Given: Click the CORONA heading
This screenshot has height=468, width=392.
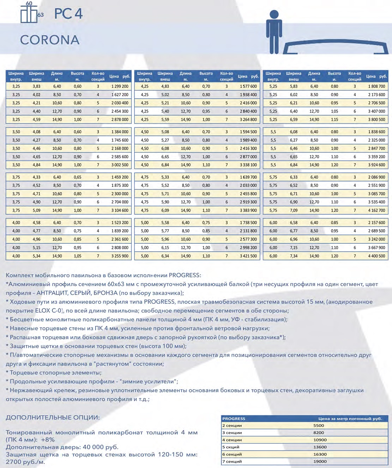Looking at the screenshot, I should (x=50, y=40).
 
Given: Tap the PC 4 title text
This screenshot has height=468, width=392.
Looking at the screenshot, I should (x=68, y=14).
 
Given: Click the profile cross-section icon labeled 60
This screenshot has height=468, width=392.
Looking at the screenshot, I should (x=29, y=13).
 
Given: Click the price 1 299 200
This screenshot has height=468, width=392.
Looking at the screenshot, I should (x=120, y=86).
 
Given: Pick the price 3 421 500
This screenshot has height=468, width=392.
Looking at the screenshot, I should (x=248, y=256).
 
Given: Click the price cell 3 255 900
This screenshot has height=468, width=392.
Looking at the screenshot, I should (x=120, y=256).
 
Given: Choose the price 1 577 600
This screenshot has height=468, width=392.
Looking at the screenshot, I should (x=248, y=86).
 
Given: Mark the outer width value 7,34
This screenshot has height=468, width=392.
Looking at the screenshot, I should (x=294, y=256).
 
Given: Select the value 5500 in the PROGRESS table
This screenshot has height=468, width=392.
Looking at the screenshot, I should (x=319, y=426).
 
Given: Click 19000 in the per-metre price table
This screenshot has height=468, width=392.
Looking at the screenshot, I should (x=320, y=461).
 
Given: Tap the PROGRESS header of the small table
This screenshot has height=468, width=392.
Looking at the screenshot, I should (x=234, y=419).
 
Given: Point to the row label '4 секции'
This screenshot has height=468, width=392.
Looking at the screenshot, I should (x=232, y=440).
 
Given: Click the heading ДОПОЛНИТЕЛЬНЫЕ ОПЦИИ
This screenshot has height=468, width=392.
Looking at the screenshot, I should (x=53, y=417).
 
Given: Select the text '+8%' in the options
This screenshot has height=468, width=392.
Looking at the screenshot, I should (x=48, y=440).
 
